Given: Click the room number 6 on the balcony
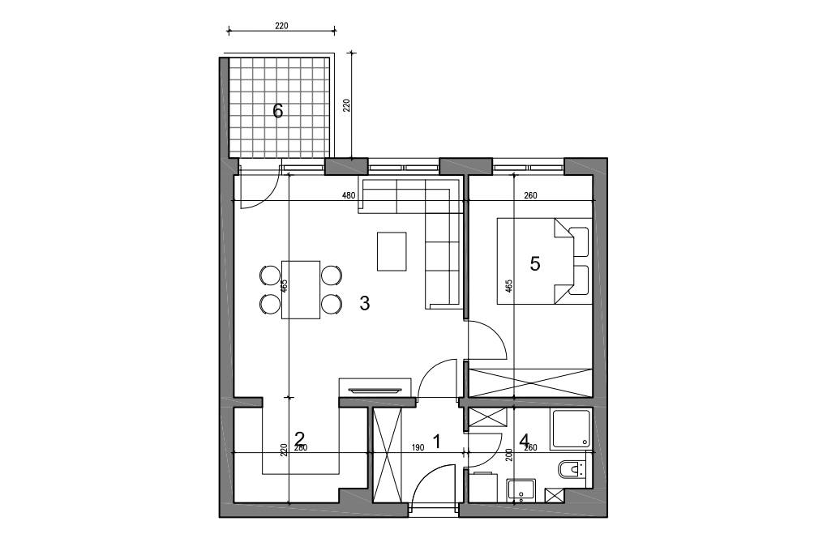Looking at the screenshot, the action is tap(277, 111).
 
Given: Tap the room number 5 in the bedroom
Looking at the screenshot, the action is tap(535, 263).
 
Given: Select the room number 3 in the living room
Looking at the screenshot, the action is tap(365, 303).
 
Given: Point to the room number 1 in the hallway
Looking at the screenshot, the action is tap(436, 441).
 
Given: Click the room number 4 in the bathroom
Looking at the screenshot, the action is tap(525, 441).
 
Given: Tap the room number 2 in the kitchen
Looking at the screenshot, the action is tap(299, 438).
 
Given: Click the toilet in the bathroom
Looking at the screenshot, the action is tap(572, 468).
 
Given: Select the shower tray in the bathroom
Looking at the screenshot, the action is tap(570, 429).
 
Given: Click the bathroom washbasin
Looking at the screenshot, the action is tap(521, 490).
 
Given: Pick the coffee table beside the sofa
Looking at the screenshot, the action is tap(392, 251).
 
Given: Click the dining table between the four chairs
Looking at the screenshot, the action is tap(301, 289).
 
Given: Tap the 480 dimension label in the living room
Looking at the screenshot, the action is tap(349, 195).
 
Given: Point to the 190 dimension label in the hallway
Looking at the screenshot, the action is tap(418, 447).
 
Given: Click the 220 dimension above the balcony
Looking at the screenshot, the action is tap(281, 25).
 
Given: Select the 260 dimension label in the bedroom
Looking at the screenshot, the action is tap(530, 195).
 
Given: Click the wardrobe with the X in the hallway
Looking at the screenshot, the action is tap(387, 455).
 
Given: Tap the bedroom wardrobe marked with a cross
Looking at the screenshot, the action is tap(530, 382).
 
